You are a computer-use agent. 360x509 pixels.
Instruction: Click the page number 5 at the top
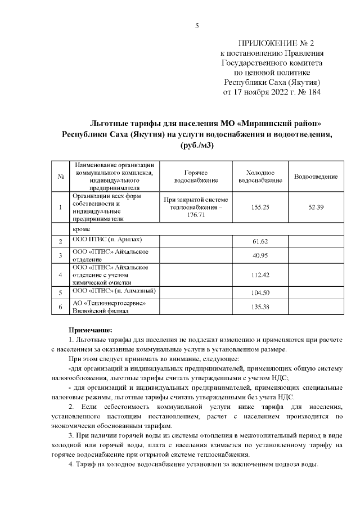(x=197, y=25)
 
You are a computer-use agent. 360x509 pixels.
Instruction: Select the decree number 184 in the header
(x=312, y=92)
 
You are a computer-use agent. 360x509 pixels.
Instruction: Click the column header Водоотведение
(x=316, y=177)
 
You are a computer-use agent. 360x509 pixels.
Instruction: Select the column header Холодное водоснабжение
(x=260, y=177)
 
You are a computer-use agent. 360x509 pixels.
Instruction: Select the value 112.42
(x=260, y=275)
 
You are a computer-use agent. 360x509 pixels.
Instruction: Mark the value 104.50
(x=260, y=293)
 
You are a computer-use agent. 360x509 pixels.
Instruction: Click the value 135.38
(x=260, y=307)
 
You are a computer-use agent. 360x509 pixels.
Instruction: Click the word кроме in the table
(x=82, y=229)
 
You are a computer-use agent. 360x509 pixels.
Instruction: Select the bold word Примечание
(x=89, y=330)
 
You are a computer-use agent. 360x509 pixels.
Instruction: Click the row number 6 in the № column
(x=60, y=307)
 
